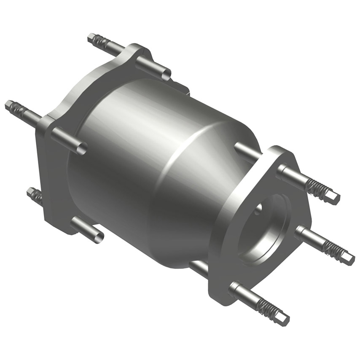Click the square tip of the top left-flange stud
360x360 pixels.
pyautogui.click(x=91, y=38)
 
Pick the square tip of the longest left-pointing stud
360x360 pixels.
pyautogui.click(x=9, y=105)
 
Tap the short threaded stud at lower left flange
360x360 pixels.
pyautogui.click(x=35, y=195)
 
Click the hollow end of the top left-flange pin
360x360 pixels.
pyautogui.click(x=166, y=75)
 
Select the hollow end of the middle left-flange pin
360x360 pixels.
pyautogui.click(x=82, y=148)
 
